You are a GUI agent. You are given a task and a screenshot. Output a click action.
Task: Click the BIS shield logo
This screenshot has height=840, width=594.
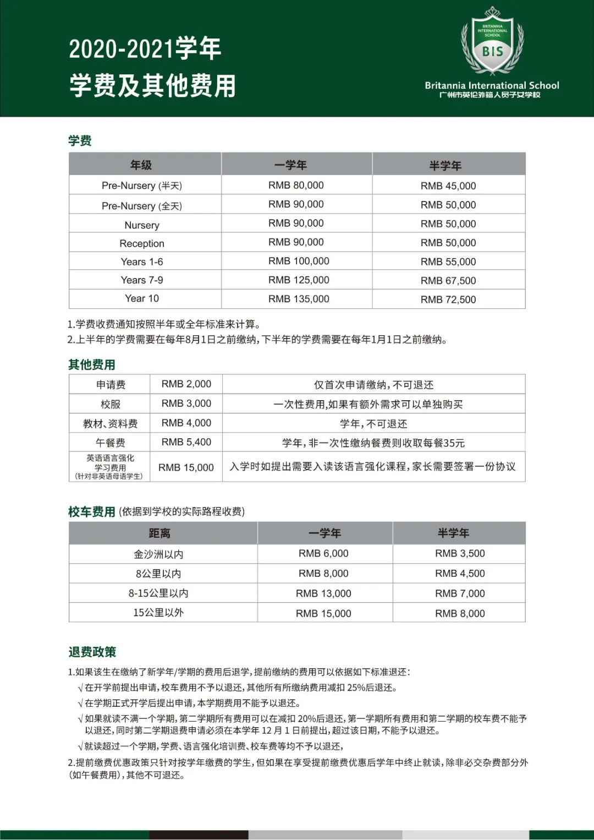[x=492, y=43]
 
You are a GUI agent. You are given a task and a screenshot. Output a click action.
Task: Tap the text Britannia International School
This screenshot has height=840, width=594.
[x=492, y=85]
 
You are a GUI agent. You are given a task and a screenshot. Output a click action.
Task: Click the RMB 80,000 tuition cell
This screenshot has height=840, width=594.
[x=296, y=186]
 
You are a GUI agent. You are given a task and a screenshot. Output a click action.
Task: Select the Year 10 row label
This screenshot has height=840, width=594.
[x=142, y=298]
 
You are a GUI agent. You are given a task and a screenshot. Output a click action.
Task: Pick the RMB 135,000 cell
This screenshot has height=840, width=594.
[x=299, y=299]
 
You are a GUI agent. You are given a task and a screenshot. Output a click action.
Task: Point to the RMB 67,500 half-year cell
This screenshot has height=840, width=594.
[x=448, y=281]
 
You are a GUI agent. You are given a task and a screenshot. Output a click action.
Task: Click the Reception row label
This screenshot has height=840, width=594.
[x=142, y=243]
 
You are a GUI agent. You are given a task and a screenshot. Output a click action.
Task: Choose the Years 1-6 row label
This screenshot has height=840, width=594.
[x=142, y=262]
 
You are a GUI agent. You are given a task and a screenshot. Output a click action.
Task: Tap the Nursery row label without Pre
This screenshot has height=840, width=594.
[x=142, y=225]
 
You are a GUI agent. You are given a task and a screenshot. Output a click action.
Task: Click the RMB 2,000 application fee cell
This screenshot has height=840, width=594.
[x=186, y=384]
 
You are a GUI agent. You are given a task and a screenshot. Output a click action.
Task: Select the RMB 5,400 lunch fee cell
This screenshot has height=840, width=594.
[x=186, y=442]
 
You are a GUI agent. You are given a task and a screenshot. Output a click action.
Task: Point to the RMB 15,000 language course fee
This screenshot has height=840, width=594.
[x=186, y=467]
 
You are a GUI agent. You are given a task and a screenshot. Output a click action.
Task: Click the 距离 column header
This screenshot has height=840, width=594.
[x=159, y=533]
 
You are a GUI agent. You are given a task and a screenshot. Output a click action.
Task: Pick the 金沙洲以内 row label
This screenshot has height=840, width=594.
[x=158, y=554]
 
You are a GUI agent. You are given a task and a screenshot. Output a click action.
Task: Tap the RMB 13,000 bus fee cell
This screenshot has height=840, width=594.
[x=323, y=593]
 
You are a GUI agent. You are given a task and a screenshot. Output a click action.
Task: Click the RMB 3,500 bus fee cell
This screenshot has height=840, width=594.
[x=460, y=554]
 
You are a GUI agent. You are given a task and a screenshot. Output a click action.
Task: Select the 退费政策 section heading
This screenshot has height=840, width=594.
[x=92, y=652]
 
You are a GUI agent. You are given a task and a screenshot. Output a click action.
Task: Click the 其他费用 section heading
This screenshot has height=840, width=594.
[x=92, y=365]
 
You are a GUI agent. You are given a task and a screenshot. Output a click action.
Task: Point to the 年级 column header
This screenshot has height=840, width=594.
[x=141, y=165]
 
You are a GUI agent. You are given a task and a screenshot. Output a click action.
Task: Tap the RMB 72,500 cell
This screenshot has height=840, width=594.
[x=448, y=299]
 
